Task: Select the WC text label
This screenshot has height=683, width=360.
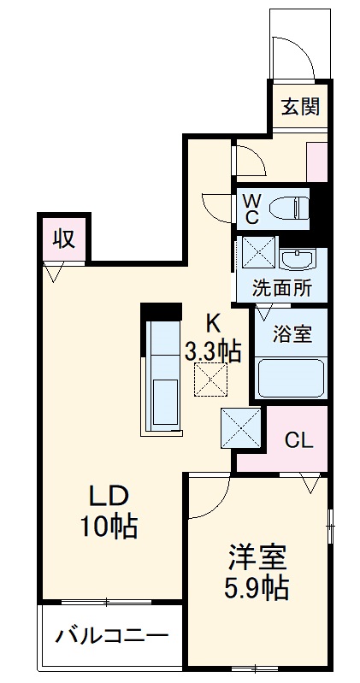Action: tap(252, 208)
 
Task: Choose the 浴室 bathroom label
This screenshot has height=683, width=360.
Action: tap(292, 334)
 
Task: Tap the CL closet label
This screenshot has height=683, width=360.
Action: tap(298, 441)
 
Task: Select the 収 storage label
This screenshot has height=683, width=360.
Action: tap(63, 239)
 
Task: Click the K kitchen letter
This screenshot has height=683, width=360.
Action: tap(213, 323)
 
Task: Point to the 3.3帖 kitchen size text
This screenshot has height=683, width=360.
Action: tap(213, 350)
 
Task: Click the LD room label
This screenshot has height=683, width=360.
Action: tap(109, 497)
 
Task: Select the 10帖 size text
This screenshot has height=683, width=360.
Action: tap(109, 527)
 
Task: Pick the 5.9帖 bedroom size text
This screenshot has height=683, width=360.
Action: tap(257, 587)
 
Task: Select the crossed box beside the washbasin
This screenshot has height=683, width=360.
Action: tap(256, 254)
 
